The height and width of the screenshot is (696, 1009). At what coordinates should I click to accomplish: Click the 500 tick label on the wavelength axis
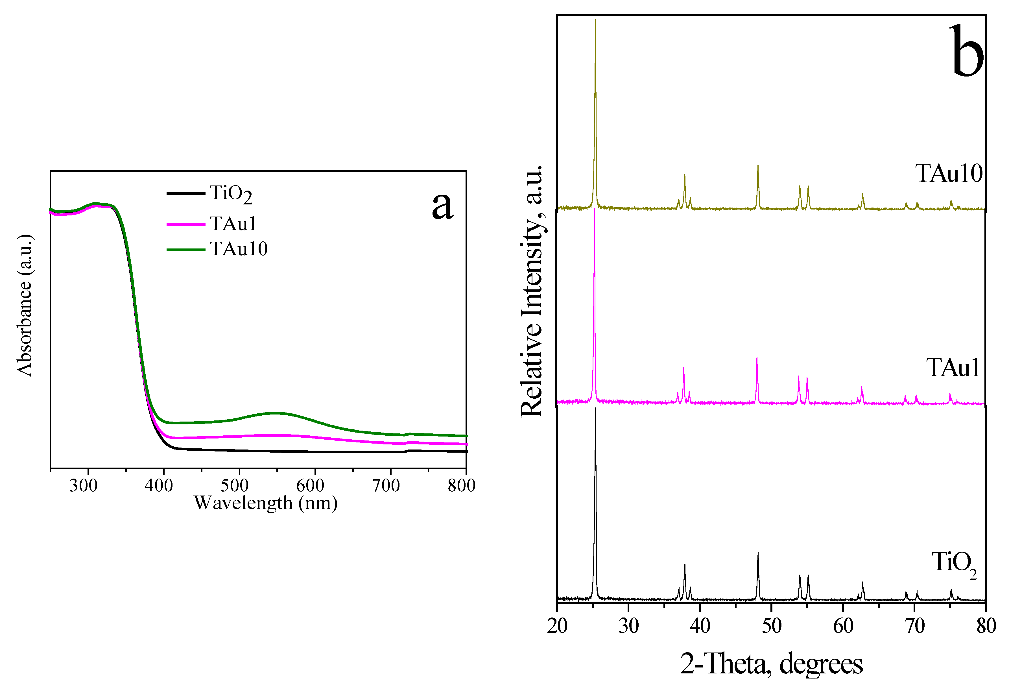coord(235,485)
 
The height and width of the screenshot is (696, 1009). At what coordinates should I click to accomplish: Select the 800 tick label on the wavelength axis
coord(461,485)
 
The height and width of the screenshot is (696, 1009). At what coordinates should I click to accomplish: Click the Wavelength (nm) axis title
coord(266,503)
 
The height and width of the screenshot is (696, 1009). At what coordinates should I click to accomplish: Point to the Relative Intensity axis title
coord(532,291)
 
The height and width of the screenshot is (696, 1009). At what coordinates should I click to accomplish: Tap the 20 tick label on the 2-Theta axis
coord(557,626)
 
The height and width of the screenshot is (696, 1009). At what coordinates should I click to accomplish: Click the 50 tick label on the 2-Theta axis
coord(771,626)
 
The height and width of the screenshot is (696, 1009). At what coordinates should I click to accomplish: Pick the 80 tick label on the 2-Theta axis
coord(986,626)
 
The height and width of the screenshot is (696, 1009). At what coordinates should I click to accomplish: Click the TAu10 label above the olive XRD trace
coord(949,174)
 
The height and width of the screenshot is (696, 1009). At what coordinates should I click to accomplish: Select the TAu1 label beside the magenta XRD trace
coord(953,368)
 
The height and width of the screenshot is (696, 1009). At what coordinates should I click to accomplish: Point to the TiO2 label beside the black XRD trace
coord(954,563)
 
